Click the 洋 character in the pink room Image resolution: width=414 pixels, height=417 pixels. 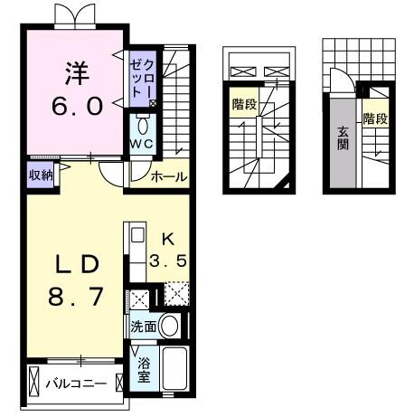tap(74, 70)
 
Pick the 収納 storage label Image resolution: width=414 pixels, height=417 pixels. tap(40, 175)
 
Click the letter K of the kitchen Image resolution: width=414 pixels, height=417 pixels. tap(167, 239)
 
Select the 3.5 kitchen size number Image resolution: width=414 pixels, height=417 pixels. tap(168, 262)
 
